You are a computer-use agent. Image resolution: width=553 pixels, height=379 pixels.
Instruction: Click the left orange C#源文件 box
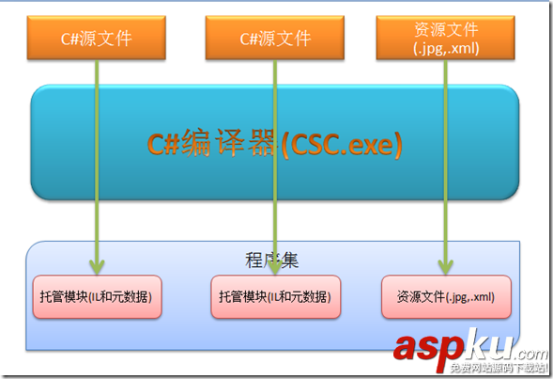pyautogui.click(x=94, y=39)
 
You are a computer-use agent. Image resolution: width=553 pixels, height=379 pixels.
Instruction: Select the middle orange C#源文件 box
pyautogui.click(x=274, y=39)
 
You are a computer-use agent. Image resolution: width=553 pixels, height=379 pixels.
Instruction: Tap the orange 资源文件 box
pyautogui.click(x=444, y=37)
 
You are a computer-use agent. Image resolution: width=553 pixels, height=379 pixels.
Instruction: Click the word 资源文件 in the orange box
pyautogui.click(x=444, y=28)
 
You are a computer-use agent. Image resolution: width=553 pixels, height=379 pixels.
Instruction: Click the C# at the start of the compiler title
pyautogui.click(x=166, y=144)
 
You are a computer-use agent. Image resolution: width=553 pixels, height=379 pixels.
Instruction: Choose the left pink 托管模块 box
pyautogui.click(x=97, y=296)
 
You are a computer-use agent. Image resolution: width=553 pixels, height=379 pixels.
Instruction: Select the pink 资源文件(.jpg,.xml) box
pyautogui.click(x=446, y=296)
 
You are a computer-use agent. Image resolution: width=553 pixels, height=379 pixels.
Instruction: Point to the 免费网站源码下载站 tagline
pyautogui.click(x=499, y=369)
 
